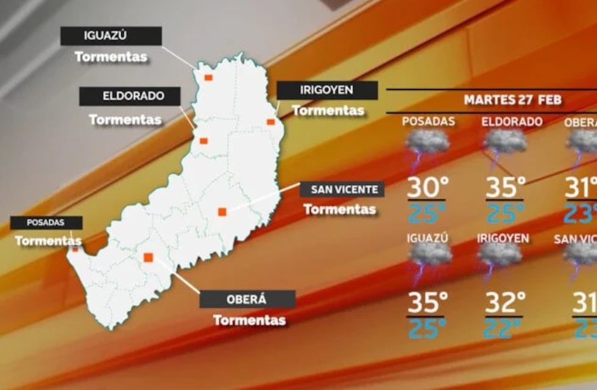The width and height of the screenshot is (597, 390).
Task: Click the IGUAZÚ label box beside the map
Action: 111,36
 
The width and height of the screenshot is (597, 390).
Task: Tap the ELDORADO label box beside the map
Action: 130,96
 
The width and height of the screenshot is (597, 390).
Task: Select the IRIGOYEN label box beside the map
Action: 327,90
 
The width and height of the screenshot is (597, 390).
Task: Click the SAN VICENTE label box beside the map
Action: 342,189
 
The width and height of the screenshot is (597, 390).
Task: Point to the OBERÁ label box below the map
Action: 247,299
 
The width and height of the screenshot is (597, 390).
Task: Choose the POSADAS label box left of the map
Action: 46,223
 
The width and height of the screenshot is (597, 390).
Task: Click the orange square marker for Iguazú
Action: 208,77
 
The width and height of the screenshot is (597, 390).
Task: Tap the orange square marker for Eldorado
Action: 203,141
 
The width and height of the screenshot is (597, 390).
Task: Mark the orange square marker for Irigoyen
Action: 271,122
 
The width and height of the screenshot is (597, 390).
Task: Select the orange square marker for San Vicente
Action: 222,211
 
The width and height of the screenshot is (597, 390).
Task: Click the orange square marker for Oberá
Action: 147,257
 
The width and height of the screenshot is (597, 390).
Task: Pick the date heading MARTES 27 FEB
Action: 512,100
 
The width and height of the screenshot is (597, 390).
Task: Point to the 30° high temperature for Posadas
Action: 427,187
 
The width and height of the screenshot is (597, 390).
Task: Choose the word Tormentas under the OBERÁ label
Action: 249,320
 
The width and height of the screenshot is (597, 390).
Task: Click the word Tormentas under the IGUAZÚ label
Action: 111,57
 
